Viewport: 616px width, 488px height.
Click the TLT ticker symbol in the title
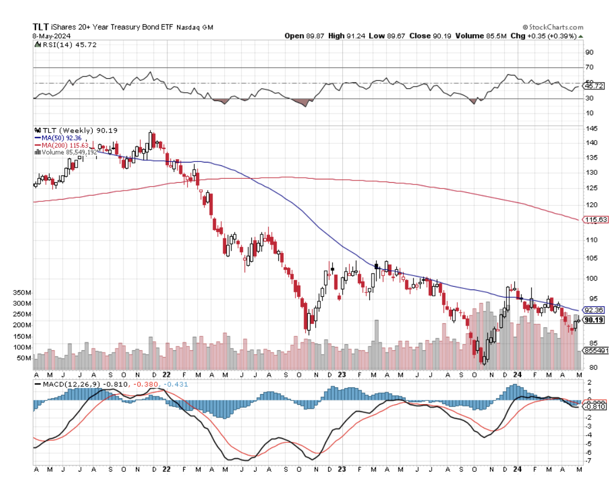coord(40,26)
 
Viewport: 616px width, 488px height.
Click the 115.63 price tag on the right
coord(595,219)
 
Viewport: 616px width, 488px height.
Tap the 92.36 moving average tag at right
coord(594,310)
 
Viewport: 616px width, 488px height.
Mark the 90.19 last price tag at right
coord(594,320)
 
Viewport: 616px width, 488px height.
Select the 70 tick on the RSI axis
coord(589,67)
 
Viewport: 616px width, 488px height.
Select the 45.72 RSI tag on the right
coord(594,86)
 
